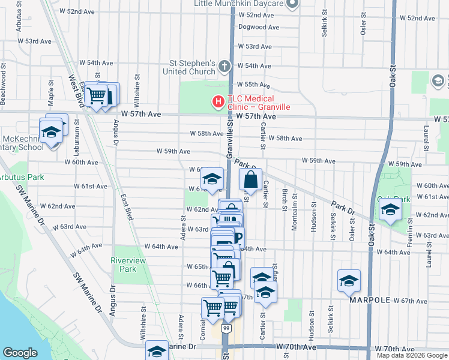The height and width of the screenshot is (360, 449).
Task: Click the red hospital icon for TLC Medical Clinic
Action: coord(218,103)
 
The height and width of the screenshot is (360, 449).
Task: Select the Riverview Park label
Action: coord(124,265)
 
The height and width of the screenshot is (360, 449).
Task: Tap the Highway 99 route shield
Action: coord(225,329)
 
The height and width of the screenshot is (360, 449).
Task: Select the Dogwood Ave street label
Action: coord(259,27)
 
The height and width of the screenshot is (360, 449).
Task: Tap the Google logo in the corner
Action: coord(20,353)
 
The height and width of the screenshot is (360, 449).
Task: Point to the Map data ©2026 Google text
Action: coord(412,355)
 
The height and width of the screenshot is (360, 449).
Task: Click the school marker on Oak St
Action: coord(390,210)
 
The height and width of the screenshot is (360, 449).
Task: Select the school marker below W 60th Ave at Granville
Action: coord(212,179)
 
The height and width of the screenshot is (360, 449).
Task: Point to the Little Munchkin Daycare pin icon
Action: coord(292,4)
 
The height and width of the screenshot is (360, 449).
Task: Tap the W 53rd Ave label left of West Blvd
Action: coord(35,41)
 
